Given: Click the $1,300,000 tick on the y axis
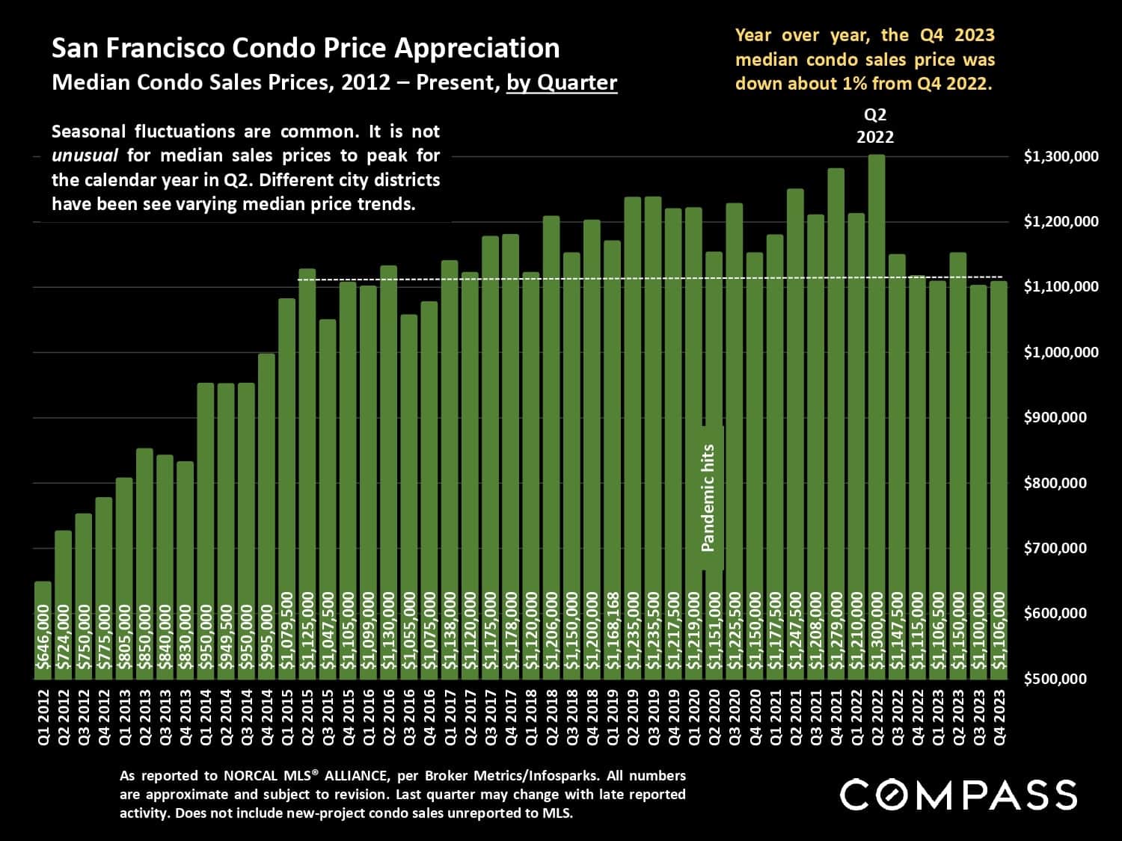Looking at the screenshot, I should tap(1061, 157).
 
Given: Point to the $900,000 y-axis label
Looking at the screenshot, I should tap(1055, 418).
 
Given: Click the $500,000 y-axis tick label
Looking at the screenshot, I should tap(1055, 679).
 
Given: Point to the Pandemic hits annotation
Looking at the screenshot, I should tap(709, 498).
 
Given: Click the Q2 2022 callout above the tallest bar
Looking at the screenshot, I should tap(875, 126).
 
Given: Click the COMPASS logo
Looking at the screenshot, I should tap(958, 794).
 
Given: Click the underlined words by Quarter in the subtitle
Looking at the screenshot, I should tap(562, 82).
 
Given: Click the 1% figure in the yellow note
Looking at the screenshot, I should tap(854, 83).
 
